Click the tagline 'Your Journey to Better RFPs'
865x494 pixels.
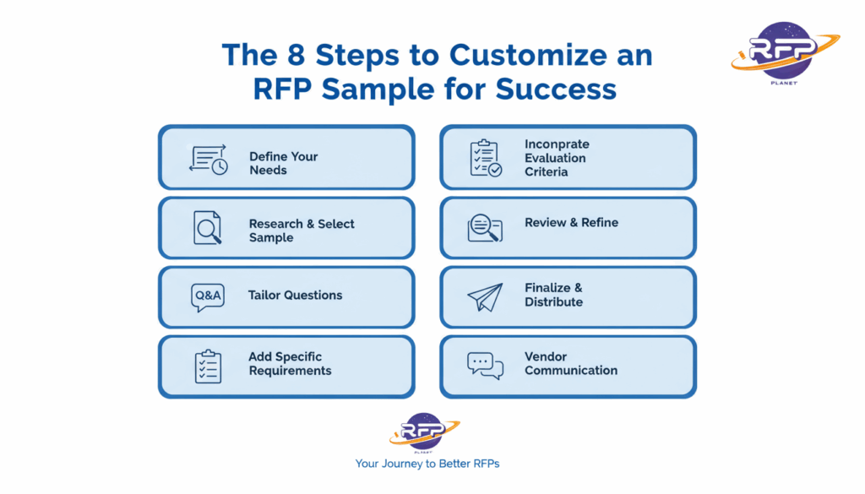[x=427, y=464]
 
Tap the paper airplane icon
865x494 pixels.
[x=485, y=296]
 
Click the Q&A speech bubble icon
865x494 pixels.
[x=208, y=297]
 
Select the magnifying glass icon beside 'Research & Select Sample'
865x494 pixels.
[x=208, y=228]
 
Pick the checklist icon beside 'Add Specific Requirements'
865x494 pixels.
[x=208, y=366]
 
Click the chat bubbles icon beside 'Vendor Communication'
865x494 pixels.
[x=485, y=365]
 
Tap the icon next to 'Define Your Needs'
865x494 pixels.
[x=209, y=160]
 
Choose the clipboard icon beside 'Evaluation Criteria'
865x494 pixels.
[x=485, y=158]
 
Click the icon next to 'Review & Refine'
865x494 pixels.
[x=485, y=227]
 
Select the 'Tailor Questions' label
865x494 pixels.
[x=295, y=296]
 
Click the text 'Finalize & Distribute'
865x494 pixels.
[x=554, y=295]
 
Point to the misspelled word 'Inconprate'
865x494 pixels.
[x=557, y=144]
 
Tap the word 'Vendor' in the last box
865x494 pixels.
[x=546, y=357]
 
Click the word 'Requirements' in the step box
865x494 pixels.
[x=290, y=371]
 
